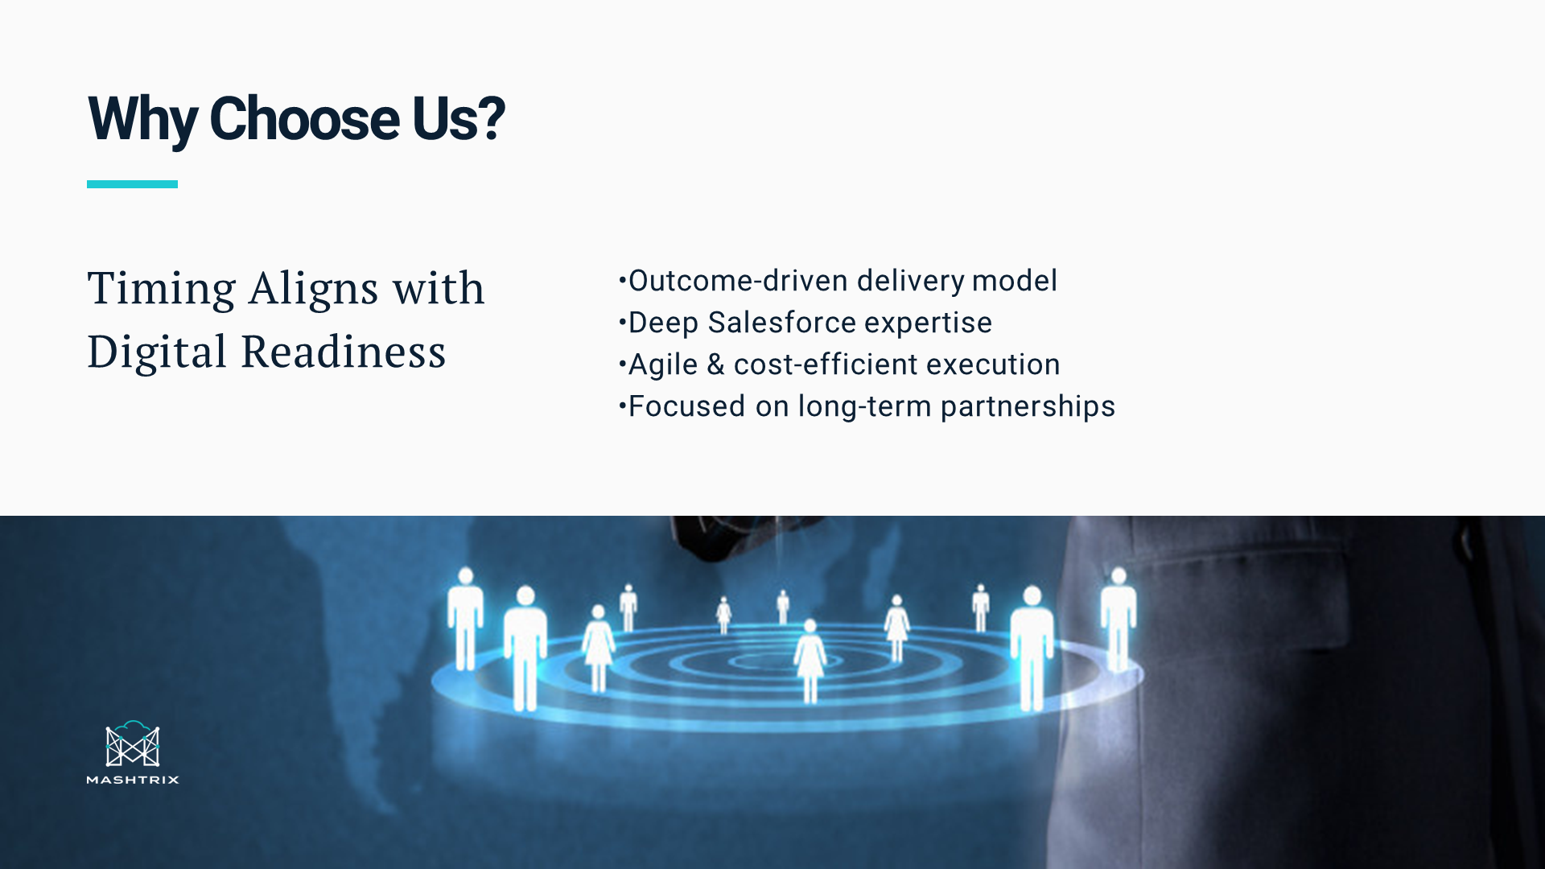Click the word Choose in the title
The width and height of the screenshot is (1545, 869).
click(x=304, y=119)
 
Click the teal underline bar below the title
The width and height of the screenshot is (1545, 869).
click(x=132, y=184)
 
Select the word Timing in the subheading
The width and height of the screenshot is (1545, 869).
click(x=162, y=289)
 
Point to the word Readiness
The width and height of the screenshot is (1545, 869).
click(x=344, y=352)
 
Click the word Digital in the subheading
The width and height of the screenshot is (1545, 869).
click(x=158, y=352)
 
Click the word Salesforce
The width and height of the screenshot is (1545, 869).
click(x=782, y=323)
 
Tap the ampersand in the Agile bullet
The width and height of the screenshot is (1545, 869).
click(x=715, y=364)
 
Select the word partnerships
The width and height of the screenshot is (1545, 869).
click(x=1028, y=407)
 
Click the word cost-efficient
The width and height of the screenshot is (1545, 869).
click(x=826, y=364)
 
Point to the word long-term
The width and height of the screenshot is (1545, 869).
click(x=864, y=406)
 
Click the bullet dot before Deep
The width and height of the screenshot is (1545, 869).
click(x=622, y=323)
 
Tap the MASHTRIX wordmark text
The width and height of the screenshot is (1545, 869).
click(x=133, y=780)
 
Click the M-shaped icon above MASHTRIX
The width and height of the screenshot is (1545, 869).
click(x=133, y=743)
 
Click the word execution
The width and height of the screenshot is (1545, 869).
click(x=993, y=364)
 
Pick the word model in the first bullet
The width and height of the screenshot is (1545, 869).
click(x=1015, y=281)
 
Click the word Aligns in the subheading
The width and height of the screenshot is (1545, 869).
click(x=314, y=289)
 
